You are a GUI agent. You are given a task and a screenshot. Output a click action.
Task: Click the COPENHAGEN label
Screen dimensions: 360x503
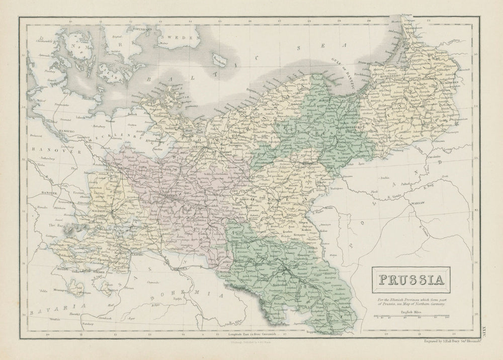[x=142, y=29]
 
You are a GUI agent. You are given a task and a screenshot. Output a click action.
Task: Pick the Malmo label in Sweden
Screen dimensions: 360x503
[x=162, y=44]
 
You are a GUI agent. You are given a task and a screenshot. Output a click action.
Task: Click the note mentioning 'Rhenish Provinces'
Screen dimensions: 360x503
[x=410, y=304]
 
